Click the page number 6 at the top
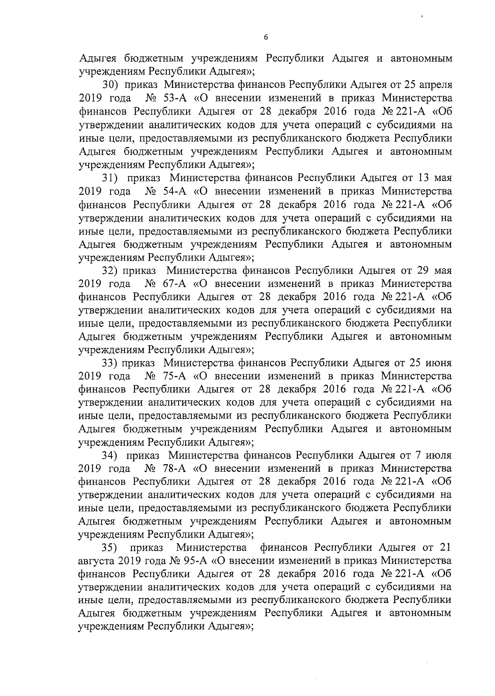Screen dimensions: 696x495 pos(266,37)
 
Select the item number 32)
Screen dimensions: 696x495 pos(111,271)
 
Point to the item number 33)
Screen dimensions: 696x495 pos(111,363)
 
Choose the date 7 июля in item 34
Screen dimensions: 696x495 pos(435,456)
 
